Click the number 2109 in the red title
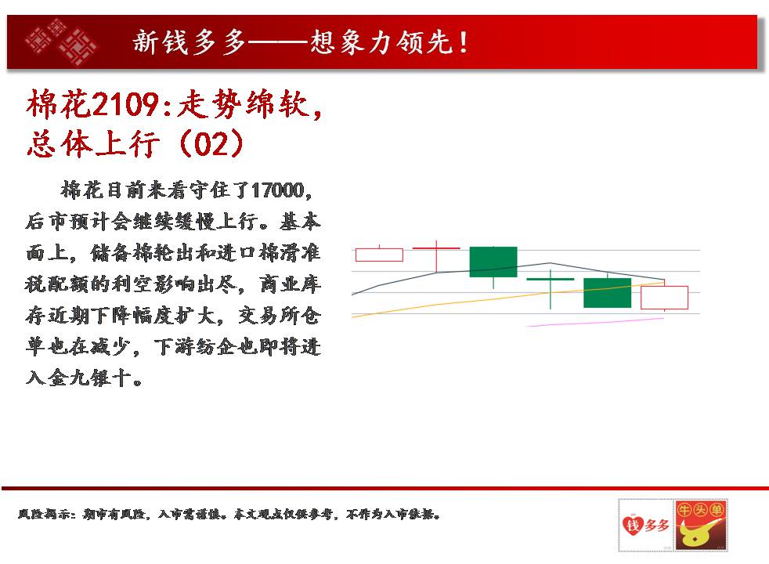click(125, 104)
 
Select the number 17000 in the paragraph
click(277, 190)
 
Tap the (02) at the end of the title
click(211, 143)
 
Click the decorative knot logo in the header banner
click(61, 42)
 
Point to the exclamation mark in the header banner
click(463, 42)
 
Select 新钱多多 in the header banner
click(190, 42)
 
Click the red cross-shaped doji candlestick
click(436, 256)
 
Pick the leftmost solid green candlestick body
click(493, 262)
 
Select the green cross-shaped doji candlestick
click(551, 289)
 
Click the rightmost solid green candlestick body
click(607, 293)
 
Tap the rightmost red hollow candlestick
click(665, 297)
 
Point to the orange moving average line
click(507, 298)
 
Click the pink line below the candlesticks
click(595, 322)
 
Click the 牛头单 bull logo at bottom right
click(701, 525)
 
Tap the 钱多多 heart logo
click(645, 526)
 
